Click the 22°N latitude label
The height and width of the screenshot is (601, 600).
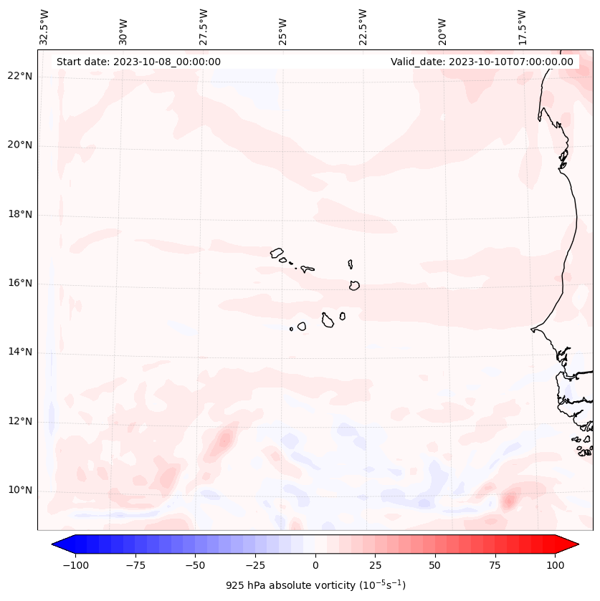pyautogui.click(x=20, y=76)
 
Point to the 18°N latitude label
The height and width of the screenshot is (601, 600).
pyautogui.click(x=20, y=214)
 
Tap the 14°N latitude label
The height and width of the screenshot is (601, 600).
pyautogui.click(x=20, y=352)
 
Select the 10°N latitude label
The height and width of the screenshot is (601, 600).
pyautogui.click(x=20, y=491)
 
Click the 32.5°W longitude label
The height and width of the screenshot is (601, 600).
pyautogui.click(x=44, y=27)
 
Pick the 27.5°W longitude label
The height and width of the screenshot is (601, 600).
pyautogui.click(x=204, y=27)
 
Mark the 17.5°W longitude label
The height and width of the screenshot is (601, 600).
pyautogui.click(x=522, y=27)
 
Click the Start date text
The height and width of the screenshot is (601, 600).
pyautogui.click(x=138, y=62)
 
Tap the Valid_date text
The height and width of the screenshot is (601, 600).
pyautogui.click(x=482, y=62)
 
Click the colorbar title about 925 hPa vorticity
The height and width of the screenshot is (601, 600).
pyautogui.click(x=315, y=585)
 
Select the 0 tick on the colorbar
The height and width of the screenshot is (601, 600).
pyautogui.click(x=315, y=565)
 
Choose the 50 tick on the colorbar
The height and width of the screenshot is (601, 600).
pyautogui.click(x=435, y=565)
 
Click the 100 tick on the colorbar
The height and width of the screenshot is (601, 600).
pyautogui.click(x=555, y=565)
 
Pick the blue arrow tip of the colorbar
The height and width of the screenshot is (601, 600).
pyautogui.click(x=56, y=545)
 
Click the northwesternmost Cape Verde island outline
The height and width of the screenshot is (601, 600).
pyautogui.click(x=277, y=252)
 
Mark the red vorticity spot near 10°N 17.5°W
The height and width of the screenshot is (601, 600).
pyautogui.click(x=510, y=499)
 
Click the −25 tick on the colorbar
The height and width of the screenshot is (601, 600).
pyautogui.click(x=255, y=565)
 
